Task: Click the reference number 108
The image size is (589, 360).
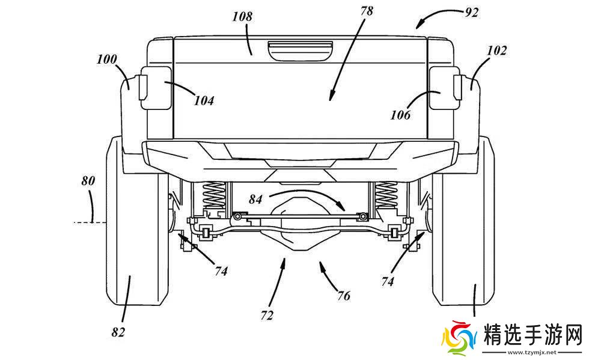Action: tap(242, 16)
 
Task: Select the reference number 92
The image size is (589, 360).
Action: tap(471, 12)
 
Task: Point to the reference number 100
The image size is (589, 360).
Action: tap(106, 59)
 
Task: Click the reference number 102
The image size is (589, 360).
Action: tap(497, 50)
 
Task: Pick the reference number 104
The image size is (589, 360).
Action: tap(204, 100)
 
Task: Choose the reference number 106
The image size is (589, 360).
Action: tap(398, 115)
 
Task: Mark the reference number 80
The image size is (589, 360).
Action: tap(89, 180)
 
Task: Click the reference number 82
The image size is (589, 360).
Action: tap(118, 331)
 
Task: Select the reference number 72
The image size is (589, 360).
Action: tap(267, 314)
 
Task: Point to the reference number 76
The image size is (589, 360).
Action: tap(343, 295)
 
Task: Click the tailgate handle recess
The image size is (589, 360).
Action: tap(299, 49)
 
